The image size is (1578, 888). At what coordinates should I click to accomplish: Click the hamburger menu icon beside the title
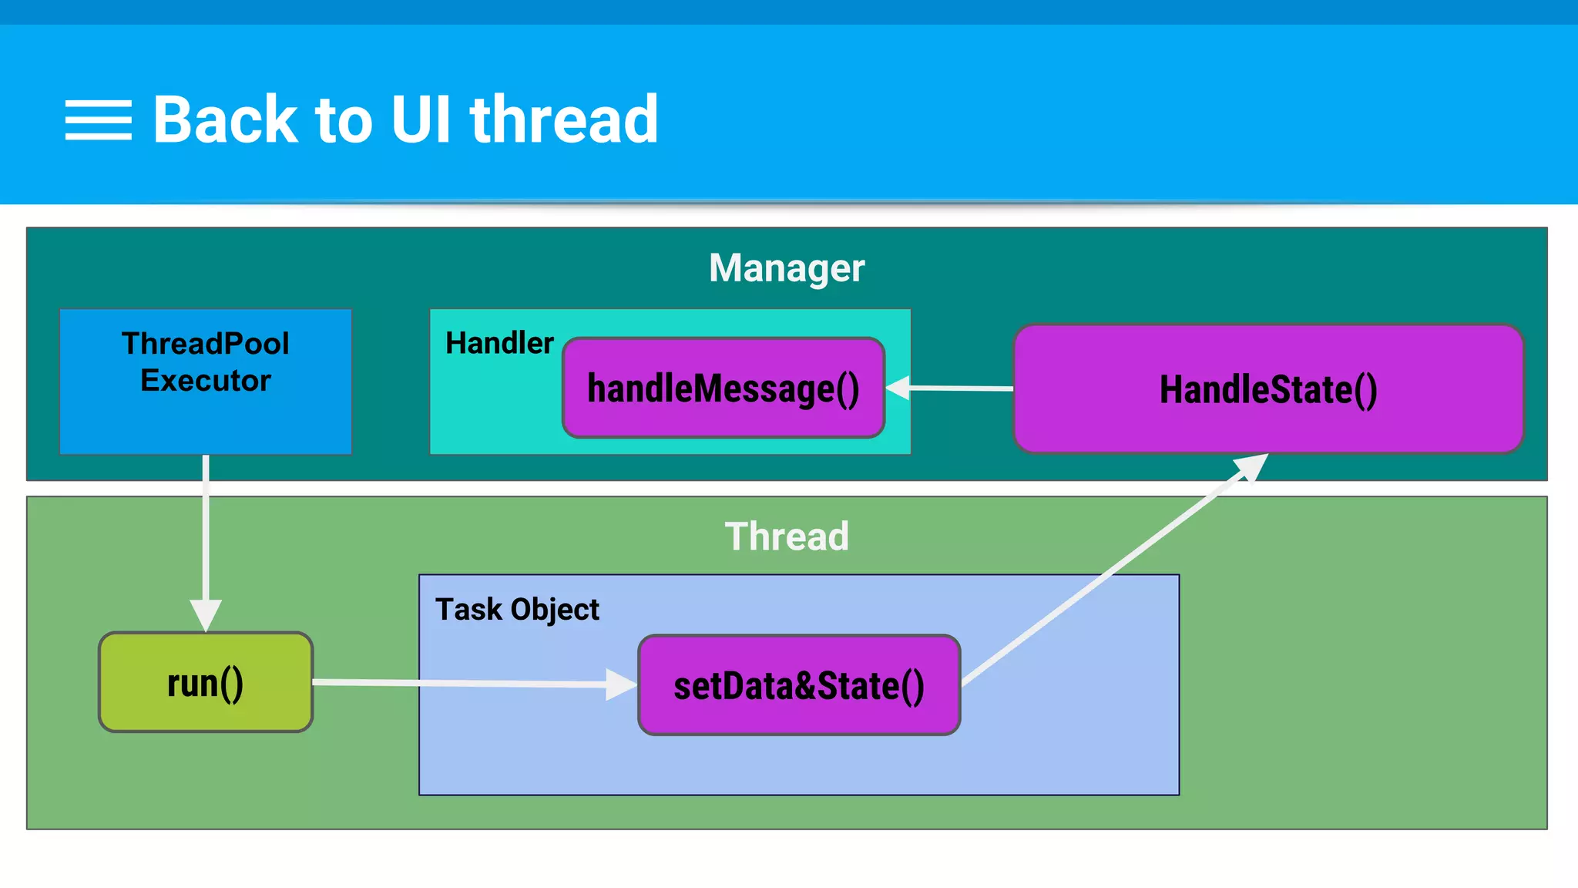point(98,120)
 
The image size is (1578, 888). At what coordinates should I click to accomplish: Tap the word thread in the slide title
point(564,119)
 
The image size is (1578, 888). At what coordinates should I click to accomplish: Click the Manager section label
point(787,268)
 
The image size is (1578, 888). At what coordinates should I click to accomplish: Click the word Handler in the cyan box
point(499,343)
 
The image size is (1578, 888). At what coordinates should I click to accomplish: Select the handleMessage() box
point(724,388)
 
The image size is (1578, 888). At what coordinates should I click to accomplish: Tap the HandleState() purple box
point(1268,389)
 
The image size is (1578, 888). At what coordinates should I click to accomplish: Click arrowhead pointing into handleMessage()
point(898,388)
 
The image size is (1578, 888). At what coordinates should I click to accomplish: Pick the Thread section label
point(787,536)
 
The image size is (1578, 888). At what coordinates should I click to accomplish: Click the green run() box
point(206,683)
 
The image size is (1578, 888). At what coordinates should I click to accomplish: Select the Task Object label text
point(517,610)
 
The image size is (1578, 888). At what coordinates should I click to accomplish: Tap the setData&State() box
point(799,685)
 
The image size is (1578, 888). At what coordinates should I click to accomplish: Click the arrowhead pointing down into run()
point(206,614)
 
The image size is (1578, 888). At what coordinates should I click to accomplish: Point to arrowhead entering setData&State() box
point(621,684)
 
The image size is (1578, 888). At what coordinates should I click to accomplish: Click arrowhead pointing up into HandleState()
point(1251,466)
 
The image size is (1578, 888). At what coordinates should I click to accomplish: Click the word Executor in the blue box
point(206,381)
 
